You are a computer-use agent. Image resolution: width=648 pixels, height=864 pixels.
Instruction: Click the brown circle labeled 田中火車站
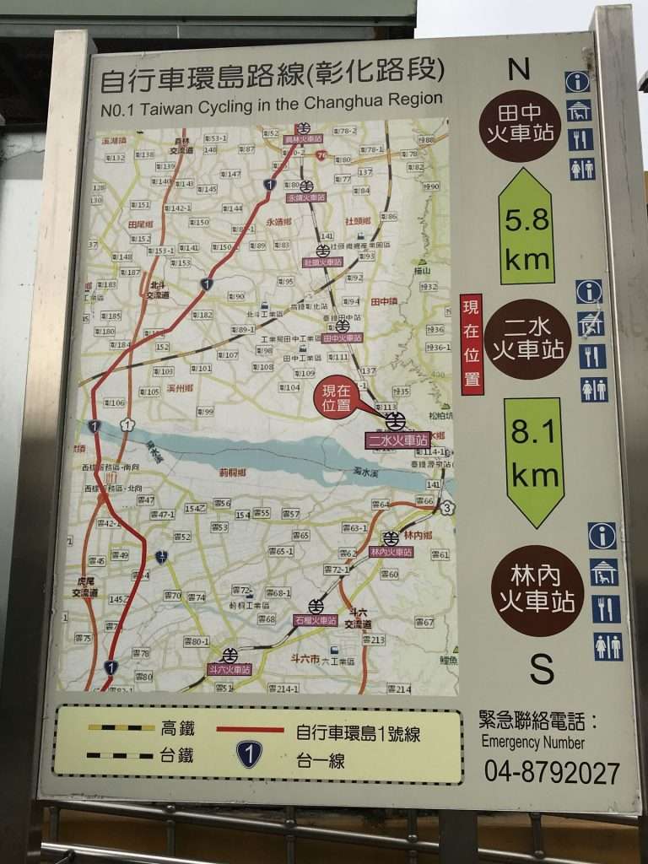(519, 125)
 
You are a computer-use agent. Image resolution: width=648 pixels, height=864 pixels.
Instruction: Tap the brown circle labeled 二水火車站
(527, 339)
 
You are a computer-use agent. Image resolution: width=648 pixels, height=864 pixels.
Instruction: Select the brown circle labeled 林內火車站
(537, 590)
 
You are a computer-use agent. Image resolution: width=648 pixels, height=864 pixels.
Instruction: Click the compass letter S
(542, 668)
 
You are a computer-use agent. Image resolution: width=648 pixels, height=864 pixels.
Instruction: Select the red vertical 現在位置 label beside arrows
(472, 344)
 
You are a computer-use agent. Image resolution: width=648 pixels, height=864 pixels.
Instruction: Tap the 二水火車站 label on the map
(397, 440)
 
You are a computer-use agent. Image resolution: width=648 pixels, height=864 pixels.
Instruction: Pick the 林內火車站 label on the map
(391, 552)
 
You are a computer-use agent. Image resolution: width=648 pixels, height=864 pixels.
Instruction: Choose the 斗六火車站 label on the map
(229, 669)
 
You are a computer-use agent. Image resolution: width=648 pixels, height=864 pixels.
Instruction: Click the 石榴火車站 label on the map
(316, 620)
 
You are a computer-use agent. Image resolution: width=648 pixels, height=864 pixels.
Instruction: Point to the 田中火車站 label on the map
(343, 337)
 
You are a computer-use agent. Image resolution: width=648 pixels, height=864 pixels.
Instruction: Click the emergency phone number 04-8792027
(552, 772)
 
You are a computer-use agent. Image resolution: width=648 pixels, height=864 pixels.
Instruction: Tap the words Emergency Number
(532, 743)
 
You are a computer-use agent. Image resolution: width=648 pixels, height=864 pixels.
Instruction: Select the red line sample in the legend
(250, 729)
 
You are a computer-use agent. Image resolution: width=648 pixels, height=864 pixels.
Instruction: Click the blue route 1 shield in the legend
(249, 754)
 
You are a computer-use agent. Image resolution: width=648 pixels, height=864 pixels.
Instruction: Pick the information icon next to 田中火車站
(577, 82)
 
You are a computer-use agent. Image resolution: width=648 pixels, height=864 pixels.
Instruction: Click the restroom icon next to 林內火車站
(607, 646)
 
